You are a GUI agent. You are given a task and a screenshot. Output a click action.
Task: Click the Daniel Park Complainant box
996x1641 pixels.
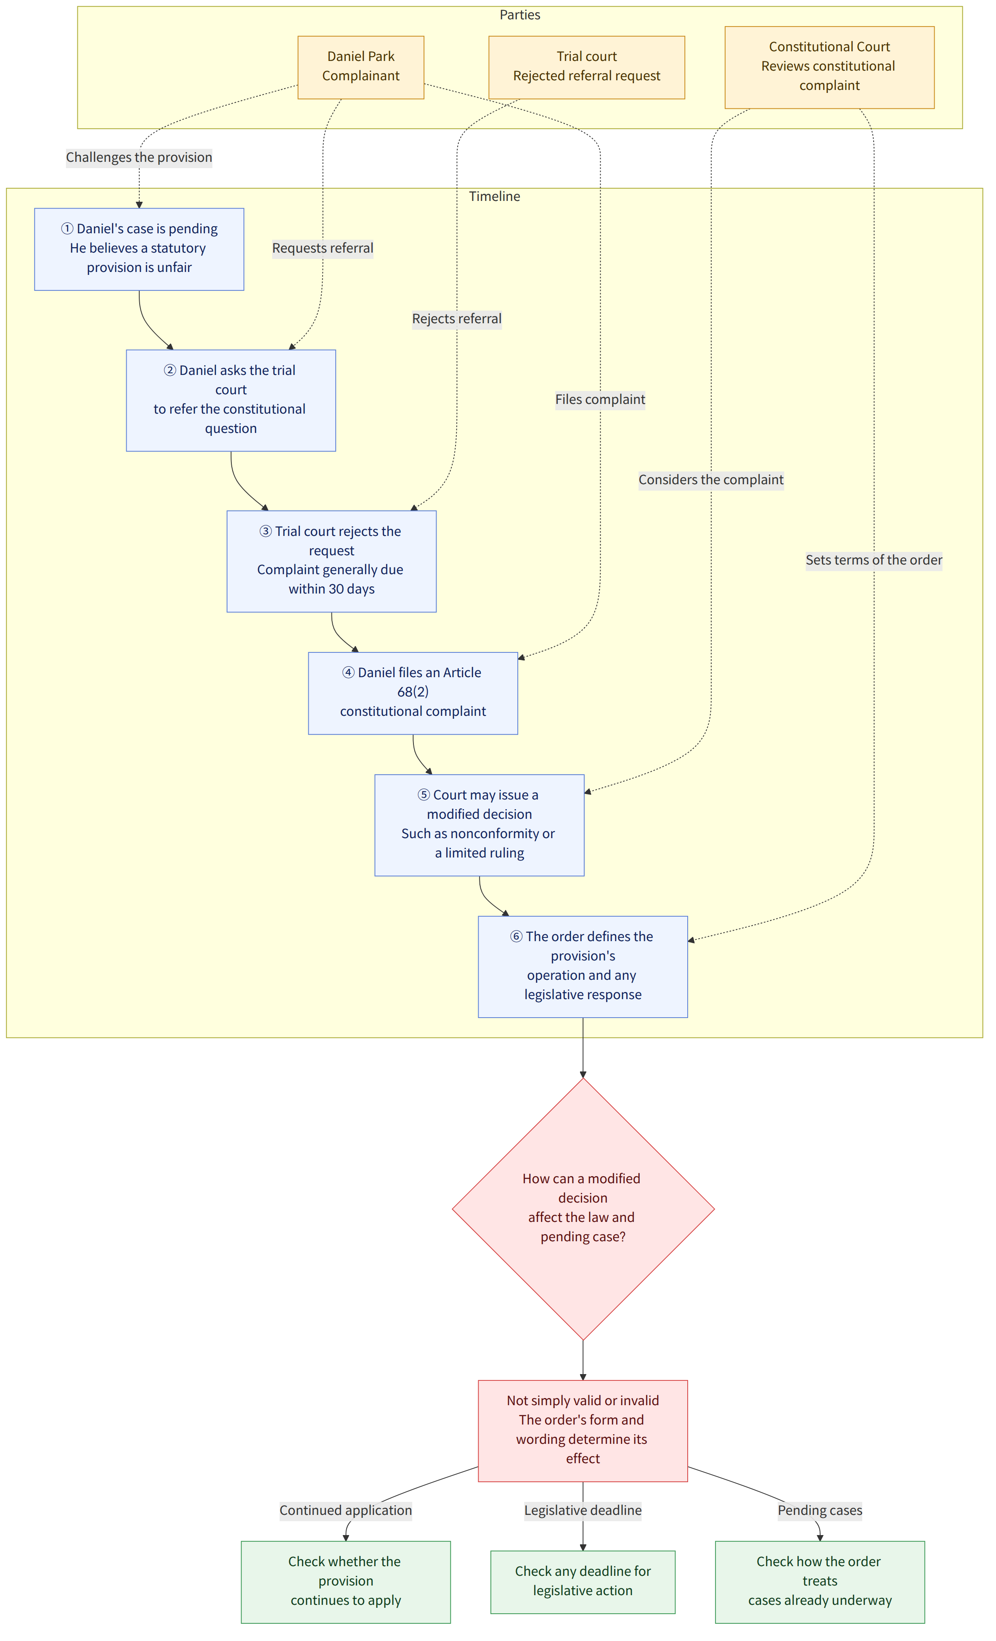click(360, 67)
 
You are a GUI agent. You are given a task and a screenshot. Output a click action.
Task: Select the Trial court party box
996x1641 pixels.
click(586, 67)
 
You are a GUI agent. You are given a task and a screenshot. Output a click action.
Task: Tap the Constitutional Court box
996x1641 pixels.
click(829, 67)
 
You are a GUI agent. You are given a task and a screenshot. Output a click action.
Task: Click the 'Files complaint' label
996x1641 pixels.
click(600, 400)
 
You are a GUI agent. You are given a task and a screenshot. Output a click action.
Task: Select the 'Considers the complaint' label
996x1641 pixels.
click(711, 480)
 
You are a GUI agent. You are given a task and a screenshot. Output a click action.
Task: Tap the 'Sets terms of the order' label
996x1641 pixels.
click(874, 560)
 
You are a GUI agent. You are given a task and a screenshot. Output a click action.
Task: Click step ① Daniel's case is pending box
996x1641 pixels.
click(139, 249)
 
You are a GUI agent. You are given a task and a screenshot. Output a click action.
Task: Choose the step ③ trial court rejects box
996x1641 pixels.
click(332, 562)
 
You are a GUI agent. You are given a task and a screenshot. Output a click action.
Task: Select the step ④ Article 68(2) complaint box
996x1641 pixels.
click(413, 693)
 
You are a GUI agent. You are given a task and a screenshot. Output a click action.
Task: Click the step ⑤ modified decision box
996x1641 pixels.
click(479, 825)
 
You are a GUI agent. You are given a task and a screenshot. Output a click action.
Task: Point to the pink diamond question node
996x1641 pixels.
click(583, 1209)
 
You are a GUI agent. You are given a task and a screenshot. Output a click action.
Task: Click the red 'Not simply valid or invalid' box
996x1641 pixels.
click(583, 1430)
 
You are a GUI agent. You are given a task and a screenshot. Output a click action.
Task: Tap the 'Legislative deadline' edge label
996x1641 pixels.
click(583, 1510)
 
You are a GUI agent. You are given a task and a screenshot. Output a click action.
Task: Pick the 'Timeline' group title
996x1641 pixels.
click(494, 196)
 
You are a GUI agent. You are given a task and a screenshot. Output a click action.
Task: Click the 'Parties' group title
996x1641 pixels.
click(519, 15)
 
